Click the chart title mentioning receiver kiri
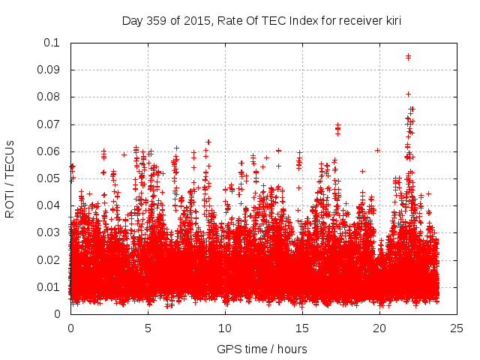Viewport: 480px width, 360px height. coord(262,20)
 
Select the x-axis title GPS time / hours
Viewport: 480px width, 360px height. coord(262,349)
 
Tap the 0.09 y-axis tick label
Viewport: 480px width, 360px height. coord(49,70)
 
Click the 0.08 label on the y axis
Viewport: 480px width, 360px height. coord(49,97)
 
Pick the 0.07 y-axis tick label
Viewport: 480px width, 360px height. coord(49,124)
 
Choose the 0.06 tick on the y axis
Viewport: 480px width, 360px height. coord(49,151)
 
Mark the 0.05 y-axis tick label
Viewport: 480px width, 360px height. coord(49,178)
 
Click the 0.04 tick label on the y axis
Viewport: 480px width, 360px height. coord(49,205)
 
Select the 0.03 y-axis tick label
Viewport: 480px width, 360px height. coord(49,232)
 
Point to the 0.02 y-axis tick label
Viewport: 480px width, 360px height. coord(49,260)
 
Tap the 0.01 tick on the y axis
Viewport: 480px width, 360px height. coord(49,287)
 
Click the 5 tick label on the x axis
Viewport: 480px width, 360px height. coord(148,328)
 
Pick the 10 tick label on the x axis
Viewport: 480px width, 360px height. coord(225,328)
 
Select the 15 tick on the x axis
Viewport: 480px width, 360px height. coord(302,328)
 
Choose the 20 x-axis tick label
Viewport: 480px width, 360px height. coord(379,328)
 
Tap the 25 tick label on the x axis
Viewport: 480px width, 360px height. coord(457,328)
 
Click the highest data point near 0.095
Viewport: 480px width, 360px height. coord(408,56)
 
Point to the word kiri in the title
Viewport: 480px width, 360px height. coord(391,20)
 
